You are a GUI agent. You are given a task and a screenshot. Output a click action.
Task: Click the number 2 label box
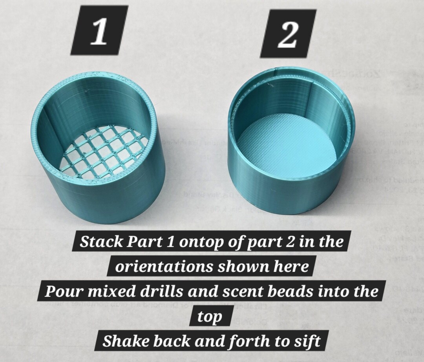tap(288, 33)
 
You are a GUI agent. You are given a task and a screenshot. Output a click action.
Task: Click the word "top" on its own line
tap(210, 317)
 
